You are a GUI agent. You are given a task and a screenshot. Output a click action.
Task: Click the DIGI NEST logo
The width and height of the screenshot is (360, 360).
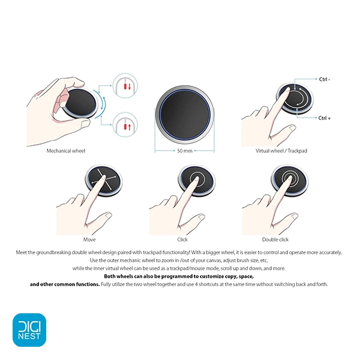29,330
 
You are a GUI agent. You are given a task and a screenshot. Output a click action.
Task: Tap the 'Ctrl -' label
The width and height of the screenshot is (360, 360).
325,79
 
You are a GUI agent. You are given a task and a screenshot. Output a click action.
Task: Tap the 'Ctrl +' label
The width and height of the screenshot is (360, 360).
325,118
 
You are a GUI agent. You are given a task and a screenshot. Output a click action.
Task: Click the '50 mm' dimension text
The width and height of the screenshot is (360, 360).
185,151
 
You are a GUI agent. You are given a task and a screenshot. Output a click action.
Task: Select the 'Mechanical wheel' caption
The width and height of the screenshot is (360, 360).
66,151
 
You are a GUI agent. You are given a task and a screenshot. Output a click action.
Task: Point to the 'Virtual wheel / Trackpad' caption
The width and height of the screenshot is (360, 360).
281,151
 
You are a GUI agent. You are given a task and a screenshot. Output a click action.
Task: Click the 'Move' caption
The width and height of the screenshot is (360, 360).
89,239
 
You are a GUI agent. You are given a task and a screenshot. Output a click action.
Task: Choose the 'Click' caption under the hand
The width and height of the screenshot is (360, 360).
182,239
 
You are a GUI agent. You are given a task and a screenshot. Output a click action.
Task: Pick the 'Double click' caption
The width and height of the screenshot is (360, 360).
275,239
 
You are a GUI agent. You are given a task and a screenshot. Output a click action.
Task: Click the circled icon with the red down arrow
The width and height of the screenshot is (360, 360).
125,86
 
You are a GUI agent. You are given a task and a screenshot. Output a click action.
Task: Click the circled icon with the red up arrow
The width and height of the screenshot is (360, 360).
125,125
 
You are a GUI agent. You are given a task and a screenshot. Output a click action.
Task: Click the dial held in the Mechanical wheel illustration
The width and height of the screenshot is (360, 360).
80,103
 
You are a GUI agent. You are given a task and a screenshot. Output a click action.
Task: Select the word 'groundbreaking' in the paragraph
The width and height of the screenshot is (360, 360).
53,253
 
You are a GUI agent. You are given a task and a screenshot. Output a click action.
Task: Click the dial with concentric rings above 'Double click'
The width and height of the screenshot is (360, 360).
290,180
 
